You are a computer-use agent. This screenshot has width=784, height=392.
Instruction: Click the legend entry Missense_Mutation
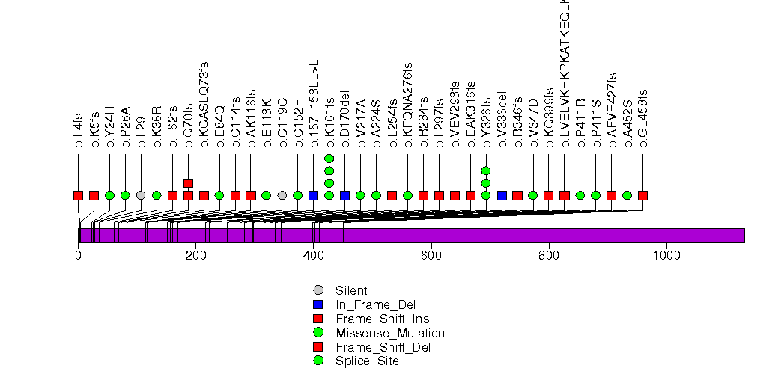point(390,333)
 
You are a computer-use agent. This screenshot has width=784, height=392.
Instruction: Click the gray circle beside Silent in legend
point(318,290)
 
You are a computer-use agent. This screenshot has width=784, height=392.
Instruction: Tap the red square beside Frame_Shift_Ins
point(318,319)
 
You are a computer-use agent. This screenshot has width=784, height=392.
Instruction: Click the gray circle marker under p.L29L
point(141,195)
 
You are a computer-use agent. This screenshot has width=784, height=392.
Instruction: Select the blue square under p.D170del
point(344,195)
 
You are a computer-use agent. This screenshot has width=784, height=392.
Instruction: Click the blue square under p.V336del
point(502,195)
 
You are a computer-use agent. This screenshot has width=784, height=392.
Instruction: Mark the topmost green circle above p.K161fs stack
point(329,159)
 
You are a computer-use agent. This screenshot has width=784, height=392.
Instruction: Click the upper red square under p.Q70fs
point(188,183)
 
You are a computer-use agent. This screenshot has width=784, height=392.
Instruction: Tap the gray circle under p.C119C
point(282,195)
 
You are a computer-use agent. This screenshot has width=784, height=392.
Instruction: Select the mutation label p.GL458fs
point(643,118)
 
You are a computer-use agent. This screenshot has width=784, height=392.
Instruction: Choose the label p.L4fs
point(79,131)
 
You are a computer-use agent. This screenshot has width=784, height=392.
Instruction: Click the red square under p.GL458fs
point(642,195)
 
